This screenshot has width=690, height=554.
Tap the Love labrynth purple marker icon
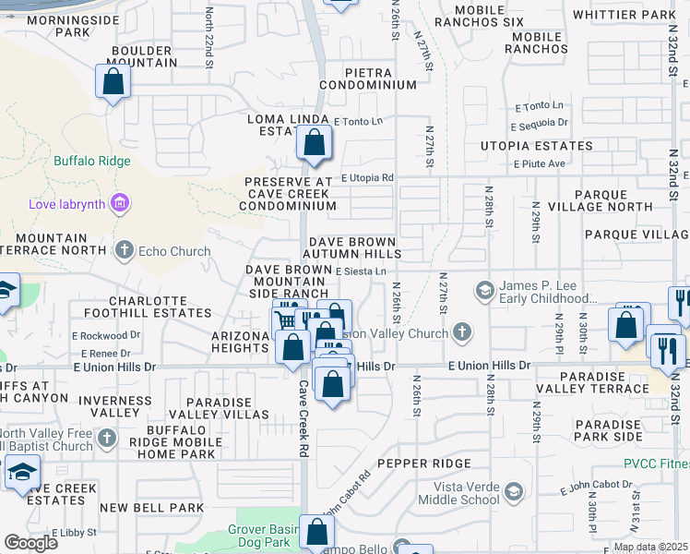(118, 202)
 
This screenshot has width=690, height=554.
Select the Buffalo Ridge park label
(88, 160)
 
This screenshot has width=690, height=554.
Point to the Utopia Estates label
(536, 147)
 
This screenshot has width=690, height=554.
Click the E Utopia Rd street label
(367, 177)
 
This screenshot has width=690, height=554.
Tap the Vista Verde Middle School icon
(514, 490)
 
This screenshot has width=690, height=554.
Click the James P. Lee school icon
(484, 292)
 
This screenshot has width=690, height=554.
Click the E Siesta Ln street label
(361, 271)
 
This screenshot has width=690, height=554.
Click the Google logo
(30, 542)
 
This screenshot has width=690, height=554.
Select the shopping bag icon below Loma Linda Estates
(314, 144)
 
